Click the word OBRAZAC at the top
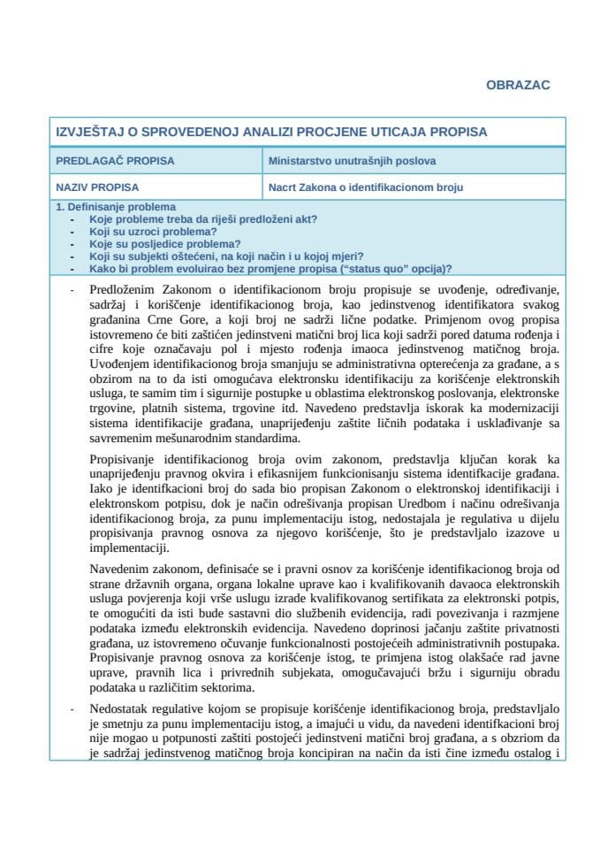coord(518,85)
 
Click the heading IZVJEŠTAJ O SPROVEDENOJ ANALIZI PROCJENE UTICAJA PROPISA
coord(271,132)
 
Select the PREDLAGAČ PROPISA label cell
coord(115,161)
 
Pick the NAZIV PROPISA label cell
coord(97,187)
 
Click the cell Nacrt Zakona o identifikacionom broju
coord(366,187)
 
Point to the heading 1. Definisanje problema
coord(116,207)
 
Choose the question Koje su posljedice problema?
coord(164,243)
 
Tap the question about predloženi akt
coord(202,218)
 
